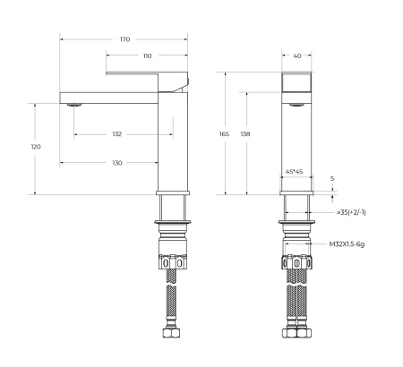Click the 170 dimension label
(124, 40)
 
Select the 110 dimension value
(147, 56)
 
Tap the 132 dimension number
(117, 134)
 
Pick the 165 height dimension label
(224, 133)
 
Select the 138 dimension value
(245, 133)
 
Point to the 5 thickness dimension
(331, 179)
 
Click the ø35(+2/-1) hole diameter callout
(350, 213)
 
